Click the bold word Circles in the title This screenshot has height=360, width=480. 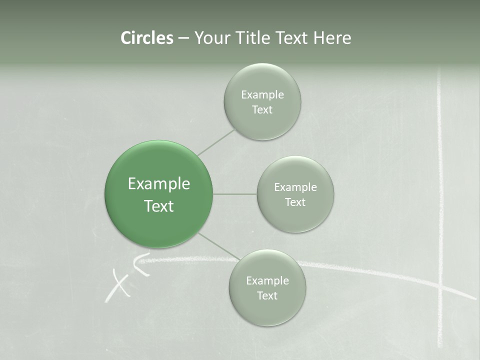147,38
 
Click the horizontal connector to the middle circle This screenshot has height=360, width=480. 235,194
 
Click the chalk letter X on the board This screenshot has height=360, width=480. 118,285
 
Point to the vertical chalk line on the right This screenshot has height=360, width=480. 440,175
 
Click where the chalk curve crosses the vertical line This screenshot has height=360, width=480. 440,287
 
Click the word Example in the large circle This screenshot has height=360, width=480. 158,184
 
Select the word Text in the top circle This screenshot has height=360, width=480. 262,110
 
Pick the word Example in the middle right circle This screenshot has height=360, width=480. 295,187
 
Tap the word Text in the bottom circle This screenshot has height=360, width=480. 267,296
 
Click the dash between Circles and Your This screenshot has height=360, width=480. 183,38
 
